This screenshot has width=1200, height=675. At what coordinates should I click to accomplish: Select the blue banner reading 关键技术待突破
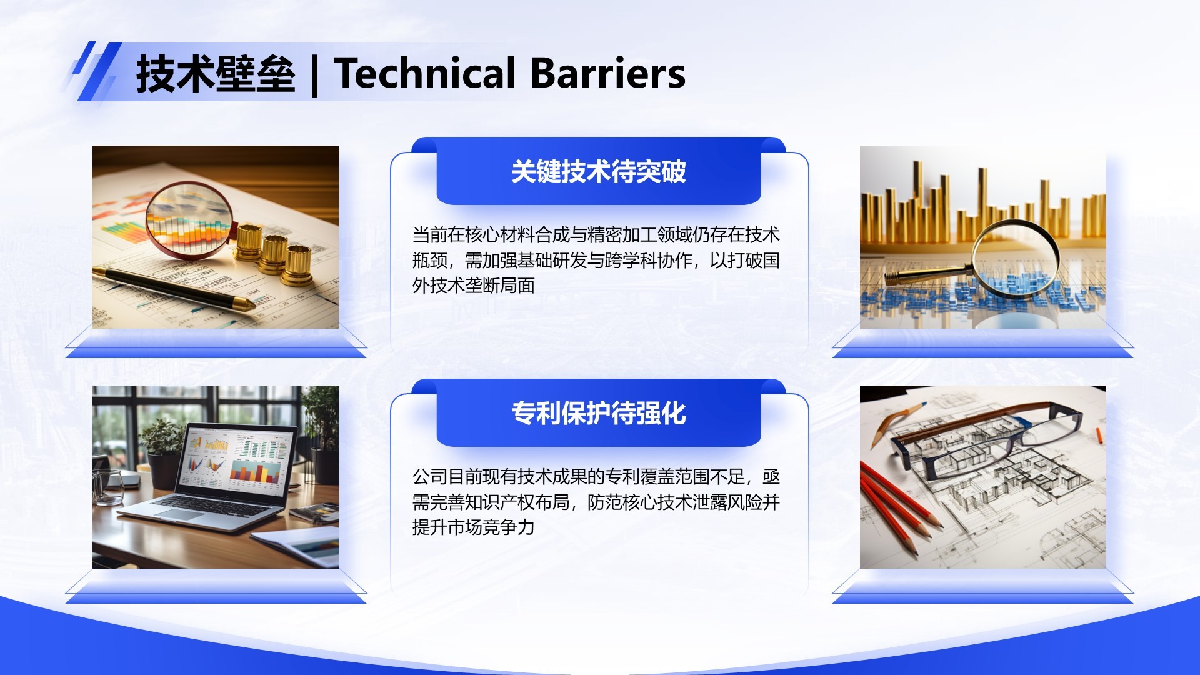click(x=598, y=172)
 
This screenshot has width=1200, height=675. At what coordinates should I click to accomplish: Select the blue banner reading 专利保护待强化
click(x=598, y=413)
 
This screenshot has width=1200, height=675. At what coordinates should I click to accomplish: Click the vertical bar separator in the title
click(x=314, y=75)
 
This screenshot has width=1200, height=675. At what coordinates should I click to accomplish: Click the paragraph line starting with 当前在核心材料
click(x=596, y=235)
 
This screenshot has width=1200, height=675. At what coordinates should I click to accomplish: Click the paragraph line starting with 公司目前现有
click(x=596, y=477)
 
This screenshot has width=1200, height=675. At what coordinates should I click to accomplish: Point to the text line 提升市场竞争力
click(x=473, y=527)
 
